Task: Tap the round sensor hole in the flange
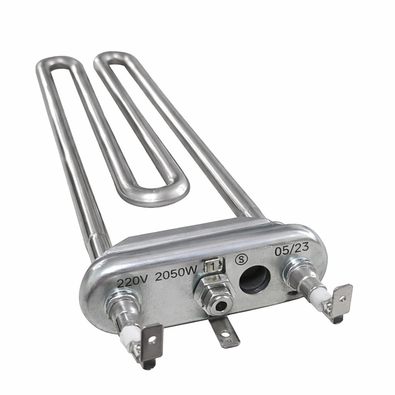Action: tap(255, 279)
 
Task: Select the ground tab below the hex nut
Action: tap(224, 331)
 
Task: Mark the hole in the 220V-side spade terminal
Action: tap(154, 339)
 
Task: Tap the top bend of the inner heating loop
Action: tap(112, 56)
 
